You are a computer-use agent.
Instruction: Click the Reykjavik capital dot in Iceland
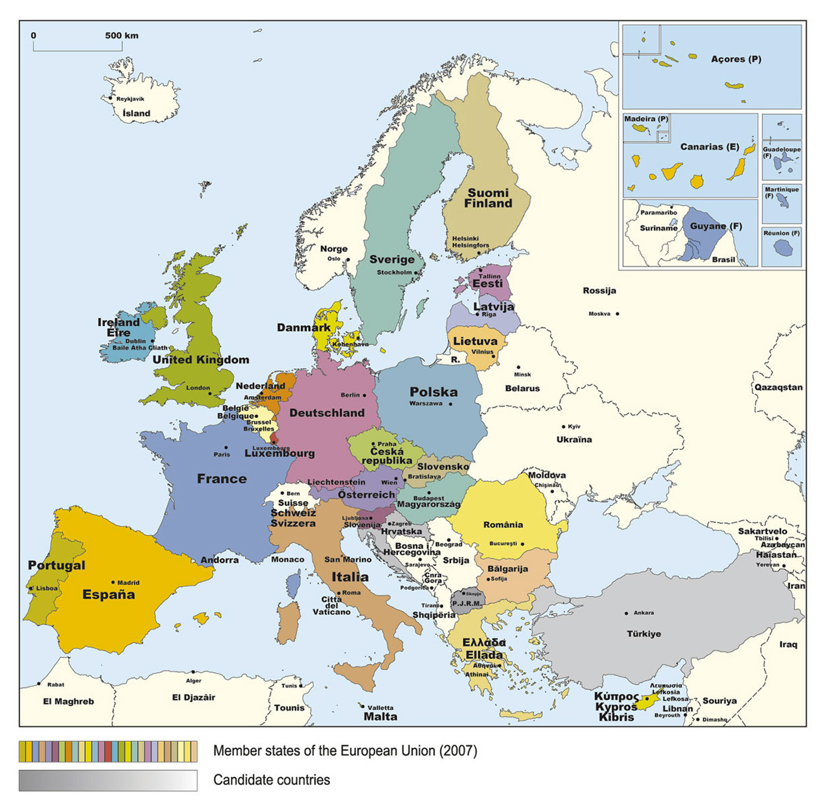pos(110,98)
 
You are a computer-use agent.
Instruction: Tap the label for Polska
pos(433,392)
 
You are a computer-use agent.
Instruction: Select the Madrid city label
pos(128,583)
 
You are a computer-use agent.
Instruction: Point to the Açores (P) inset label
pos(736,59)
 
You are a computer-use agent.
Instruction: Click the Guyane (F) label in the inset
pos(715,226)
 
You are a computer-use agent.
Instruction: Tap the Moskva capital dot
pos(617,314)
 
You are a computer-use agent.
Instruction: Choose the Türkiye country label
pos(643,634)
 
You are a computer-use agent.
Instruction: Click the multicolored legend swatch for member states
pos(108,751)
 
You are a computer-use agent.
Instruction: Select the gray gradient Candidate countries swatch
pos(108,780)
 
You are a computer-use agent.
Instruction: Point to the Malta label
pos(381,717)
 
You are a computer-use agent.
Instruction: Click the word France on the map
pos(222,479)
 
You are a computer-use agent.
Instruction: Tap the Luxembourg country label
pos(279,453)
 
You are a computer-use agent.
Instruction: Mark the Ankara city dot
pos(626,613)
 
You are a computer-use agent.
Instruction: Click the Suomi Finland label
pos(488,198)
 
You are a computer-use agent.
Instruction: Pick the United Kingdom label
pos(201,360)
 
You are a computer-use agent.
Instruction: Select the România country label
pos(503,524)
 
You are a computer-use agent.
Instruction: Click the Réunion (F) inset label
pos(781,233)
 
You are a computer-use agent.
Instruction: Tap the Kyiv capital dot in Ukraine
pos(563,427)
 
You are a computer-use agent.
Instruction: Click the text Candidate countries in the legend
pos(271,780)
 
